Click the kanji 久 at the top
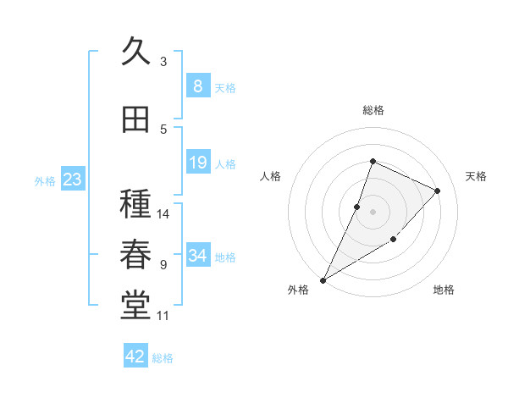(x=136, y=53)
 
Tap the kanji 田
(x=136, y=120)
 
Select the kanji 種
(x=136, y=206)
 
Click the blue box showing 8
(x=197, y=86)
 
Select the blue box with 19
(x=197, y=163)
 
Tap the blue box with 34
(x=197, y=256)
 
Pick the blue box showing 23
(x=72, y=179)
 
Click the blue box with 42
(x=135, y=357)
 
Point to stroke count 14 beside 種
(x=163, y=213)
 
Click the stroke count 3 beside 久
(x=163, y=61)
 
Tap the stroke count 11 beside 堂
(x=163, y=316)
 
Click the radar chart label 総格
(x=373, y=110)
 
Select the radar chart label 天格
(x=476, y=176)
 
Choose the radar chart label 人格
(x=270, y=176)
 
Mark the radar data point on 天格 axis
(x=437, y=191)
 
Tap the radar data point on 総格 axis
(x=373, y=162)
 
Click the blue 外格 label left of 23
(x=44, y=180)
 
